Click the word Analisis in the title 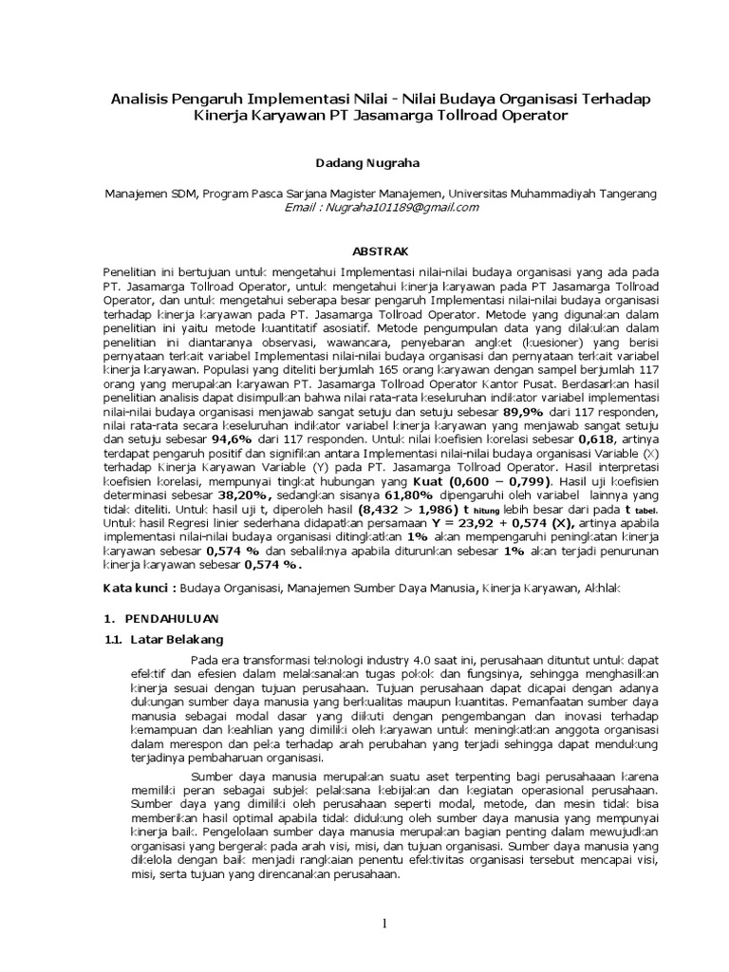pos(140,98)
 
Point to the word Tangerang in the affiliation pos(623,193)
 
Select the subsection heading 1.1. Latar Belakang pos(163,639)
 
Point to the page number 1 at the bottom pos(384,924)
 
